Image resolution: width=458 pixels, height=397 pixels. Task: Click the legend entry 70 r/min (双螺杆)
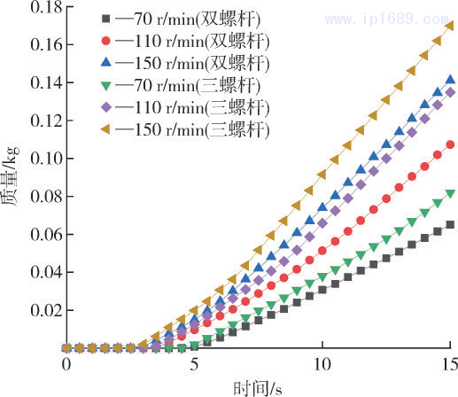click(x=182, y=18)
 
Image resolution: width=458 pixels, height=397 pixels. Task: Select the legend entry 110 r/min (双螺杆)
click(x=185, y=41)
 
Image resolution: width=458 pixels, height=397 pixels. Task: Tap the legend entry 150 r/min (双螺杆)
click(x=185, y=64)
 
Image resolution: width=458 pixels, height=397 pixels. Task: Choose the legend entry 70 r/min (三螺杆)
click(x=182, y=87)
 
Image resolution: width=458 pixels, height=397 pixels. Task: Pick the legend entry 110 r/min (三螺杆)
click(x=185, y=109)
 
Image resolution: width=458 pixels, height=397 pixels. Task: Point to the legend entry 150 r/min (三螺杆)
click(x=185, y=131)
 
